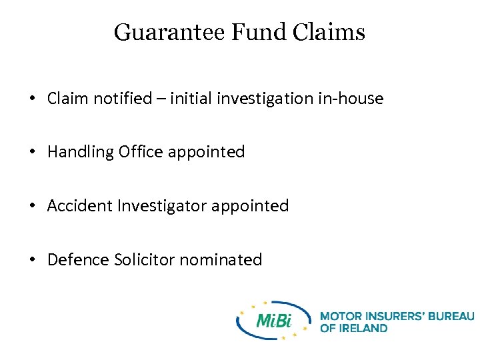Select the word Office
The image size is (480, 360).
pyautogui.click(x=141, y=152)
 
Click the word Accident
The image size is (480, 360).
pyautogui.click(x=80, y=205)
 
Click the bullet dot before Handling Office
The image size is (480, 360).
pyautogui.click(x=32, y=153)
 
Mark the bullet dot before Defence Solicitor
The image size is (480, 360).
pyautogui.click(x=32, y=260)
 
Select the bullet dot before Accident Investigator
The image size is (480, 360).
pyautogui.click(x=32, y=206)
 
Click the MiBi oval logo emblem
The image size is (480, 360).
pyautogui.click(x=273, y=321)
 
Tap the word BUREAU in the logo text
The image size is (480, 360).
pyautogui.click(x=446, y=315)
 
